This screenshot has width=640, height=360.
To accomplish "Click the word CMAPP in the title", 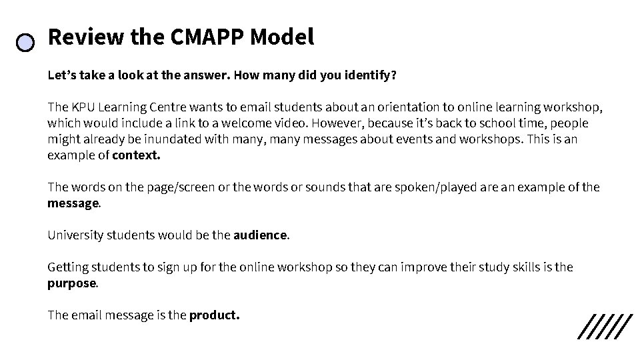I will click(207, 37).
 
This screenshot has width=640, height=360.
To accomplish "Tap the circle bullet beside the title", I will click(25, 43).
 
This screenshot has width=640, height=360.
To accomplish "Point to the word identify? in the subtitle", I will click(370, 75).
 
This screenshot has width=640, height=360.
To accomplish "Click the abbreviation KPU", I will click(83, 107).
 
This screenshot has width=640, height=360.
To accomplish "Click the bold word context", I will click(137, 155).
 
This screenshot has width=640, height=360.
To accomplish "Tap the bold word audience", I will click(260, 235).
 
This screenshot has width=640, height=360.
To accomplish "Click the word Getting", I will click(69, 267).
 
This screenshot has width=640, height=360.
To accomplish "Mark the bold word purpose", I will click(72, 283).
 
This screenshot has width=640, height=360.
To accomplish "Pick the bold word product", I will click(213, 315).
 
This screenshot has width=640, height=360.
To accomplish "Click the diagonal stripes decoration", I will click(604, 326).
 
